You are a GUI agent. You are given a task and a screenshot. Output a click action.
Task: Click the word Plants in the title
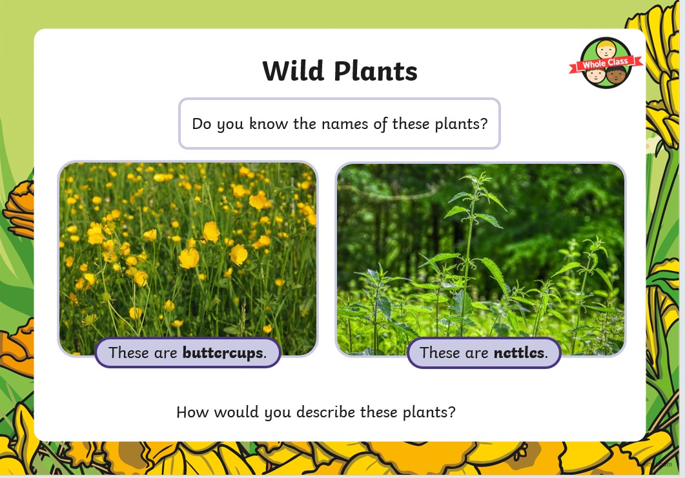376,71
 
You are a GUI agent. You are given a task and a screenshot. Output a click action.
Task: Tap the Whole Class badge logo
606,63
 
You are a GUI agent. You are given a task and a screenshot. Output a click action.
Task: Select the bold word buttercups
223,352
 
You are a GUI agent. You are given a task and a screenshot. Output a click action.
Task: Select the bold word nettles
519,352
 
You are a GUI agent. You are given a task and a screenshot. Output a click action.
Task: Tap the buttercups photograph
188,259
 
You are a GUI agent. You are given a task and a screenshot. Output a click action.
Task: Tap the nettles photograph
480,259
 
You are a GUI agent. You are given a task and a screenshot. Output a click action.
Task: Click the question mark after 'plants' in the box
484,124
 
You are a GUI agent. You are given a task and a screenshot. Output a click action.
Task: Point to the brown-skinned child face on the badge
617,75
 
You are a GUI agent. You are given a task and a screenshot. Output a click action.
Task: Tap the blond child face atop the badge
606,49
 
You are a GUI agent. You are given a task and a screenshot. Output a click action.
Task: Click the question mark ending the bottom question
452,412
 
